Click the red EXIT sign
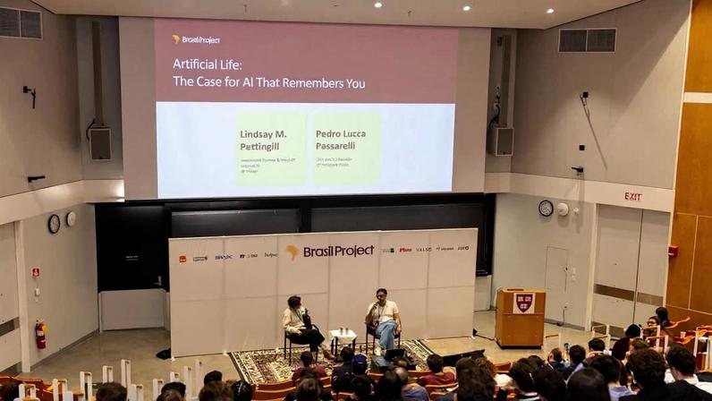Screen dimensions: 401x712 (x=633, y=197)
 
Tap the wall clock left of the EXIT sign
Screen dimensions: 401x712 (x=546, y=209)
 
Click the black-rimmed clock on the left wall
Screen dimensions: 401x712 (x=54, y=224)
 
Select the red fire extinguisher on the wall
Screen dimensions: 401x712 (x=40, y=336)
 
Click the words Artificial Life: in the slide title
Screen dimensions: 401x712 (x=208, y=65)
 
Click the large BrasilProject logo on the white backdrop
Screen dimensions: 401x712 (x=330, y=252)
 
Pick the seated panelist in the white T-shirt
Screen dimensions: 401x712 (x=384, y=320)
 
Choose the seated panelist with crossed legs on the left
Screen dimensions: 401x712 (x=298, y=324)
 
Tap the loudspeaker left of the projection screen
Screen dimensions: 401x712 (x=100, y=143)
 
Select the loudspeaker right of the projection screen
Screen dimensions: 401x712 (x=504, y=141)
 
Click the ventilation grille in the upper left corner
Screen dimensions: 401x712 (x=21, y=23)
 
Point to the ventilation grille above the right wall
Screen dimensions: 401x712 (x=587, y=40)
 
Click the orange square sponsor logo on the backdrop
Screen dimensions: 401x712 (x=182, y=259)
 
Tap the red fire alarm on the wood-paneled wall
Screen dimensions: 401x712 (x=673, y=252)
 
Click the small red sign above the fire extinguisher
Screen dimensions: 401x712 (x=36, y=272)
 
